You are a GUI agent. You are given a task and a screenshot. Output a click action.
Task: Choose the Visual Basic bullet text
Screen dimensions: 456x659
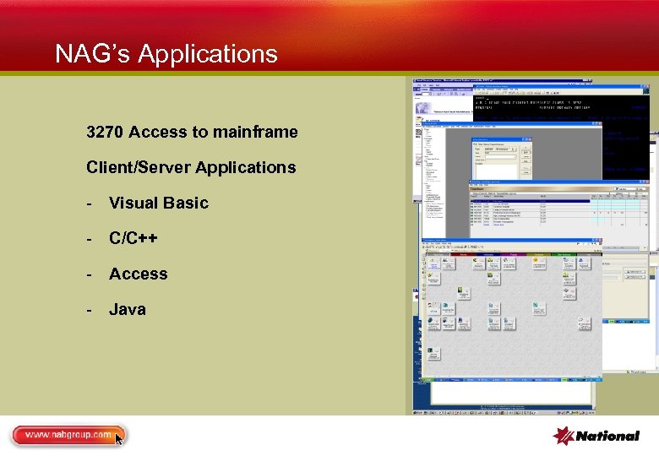coord(158,203)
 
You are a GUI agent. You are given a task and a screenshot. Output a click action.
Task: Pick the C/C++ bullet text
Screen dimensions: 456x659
coord(133,238)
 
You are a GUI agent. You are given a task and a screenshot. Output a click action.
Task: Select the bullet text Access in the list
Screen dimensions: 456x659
coord(138,274)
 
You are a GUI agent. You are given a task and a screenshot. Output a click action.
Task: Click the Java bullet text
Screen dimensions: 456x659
coord(127,309)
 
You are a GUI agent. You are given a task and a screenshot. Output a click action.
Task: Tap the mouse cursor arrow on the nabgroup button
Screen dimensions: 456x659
coord(119,438)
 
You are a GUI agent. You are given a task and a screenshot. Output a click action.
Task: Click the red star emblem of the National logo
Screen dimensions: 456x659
coord(564,436)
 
